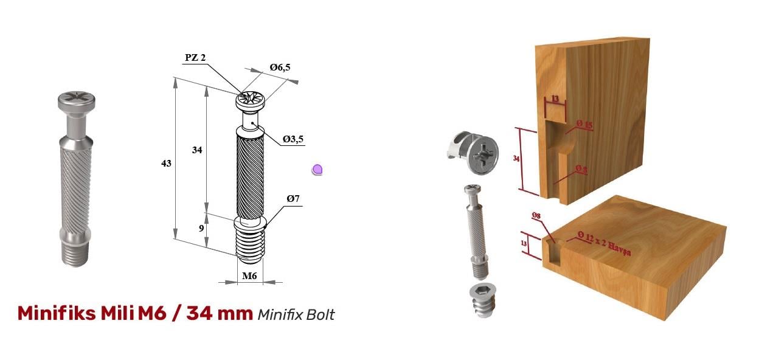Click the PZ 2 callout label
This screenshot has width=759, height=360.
(195, 58)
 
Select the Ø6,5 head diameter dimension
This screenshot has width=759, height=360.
(279, 67)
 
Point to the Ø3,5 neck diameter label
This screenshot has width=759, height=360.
(293, 139)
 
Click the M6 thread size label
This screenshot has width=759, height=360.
(250, 276)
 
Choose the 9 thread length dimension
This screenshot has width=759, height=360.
(202, 229)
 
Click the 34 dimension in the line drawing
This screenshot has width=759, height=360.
(196, 150)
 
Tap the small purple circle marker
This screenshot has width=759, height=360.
(317, 170)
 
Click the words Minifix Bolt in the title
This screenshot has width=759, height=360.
(296, 314)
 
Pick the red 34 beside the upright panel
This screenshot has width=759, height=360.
(516, 159)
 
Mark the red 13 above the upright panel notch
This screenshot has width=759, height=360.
(555, 99)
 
